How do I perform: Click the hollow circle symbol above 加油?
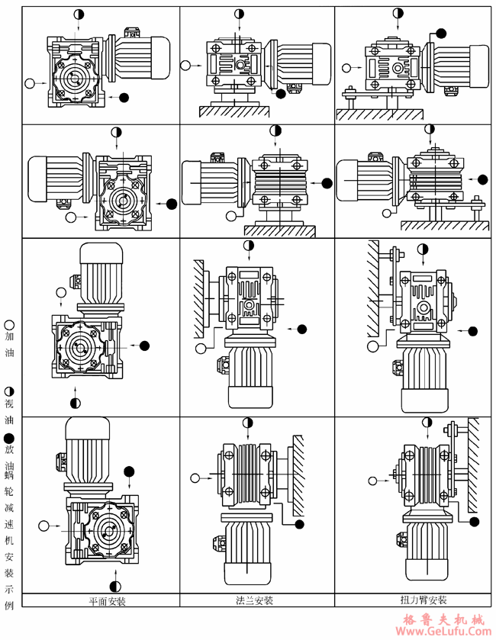pyautogui.click(x=9, y=324)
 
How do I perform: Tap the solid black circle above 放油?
pyautogui.click(x=9, y=439)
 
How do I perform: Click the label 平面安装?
pyautogui.click(x=107, y=600)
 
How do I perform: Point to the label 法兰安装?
pyautogui.click(x=255, y=600)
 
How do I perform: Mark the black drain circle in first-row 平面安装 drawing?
pyautogui.click(x=124, y=97)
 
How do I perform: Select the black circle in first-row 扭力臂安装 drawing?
pyautogui.click(x=440, y=34)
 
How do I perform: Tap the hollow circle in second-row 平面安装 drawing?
pyautogui.click(x=71, y=217)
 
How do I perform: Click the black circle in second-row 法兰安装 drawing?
pyautogui.click(x=327, y=183)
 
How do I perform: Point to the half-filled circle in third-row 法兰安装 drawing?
pyautogui.click(x=249, y=246)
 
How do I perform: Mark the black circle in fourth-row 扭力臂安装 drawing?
pyautogui.click(x=474, y=522)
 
